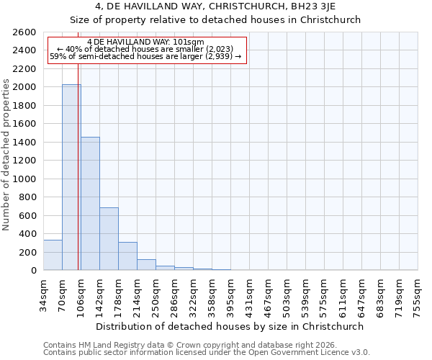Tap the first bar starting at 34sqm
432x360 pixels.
[x=53, y=255]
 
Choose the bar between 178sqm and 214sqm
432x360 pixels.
[x=127, y=256]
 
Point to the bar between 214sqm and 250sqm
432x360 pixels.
[x=146, y=265]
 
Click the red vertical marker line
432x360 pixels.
[x=78, y=166]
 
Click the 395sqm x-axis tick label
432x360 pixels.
[x=230, y=292]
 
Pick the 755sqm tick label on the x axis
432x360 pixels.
[x=418, y=292]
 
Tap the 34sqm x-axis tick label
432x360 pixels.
[x=43, y=292]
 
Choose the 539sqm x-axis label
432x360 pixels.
[x=305, y=292]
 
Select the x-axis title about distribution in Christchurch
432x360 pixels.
[x=230, y=326]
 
